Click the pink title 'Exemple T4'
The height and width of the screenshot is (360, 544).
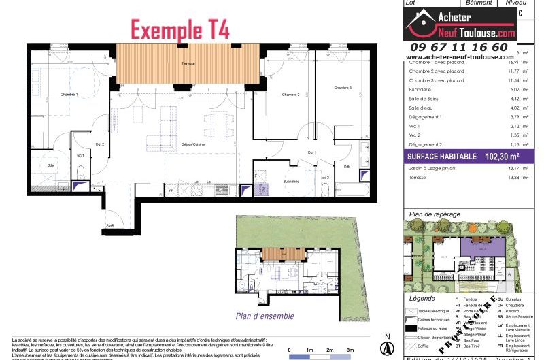tap(180, 29)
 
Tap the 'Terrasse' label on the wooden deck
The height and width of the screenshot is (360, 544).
tap(189, 64)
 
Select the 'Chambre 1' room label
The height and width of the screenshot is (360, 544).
tap(69, 95)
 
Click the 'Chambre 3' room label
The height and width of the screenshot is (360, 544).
tap(343, 88)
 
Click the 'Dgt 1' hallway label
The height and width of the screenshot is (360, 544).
tap(311, 152)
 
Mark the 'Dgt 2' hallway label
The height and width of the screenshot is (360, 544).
tap(100, 144)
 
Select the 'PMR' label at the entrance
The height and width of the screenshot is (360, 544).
tap(109, 225)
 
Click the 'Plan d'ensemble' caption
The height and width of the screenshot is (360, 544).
tap(265, 316)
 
